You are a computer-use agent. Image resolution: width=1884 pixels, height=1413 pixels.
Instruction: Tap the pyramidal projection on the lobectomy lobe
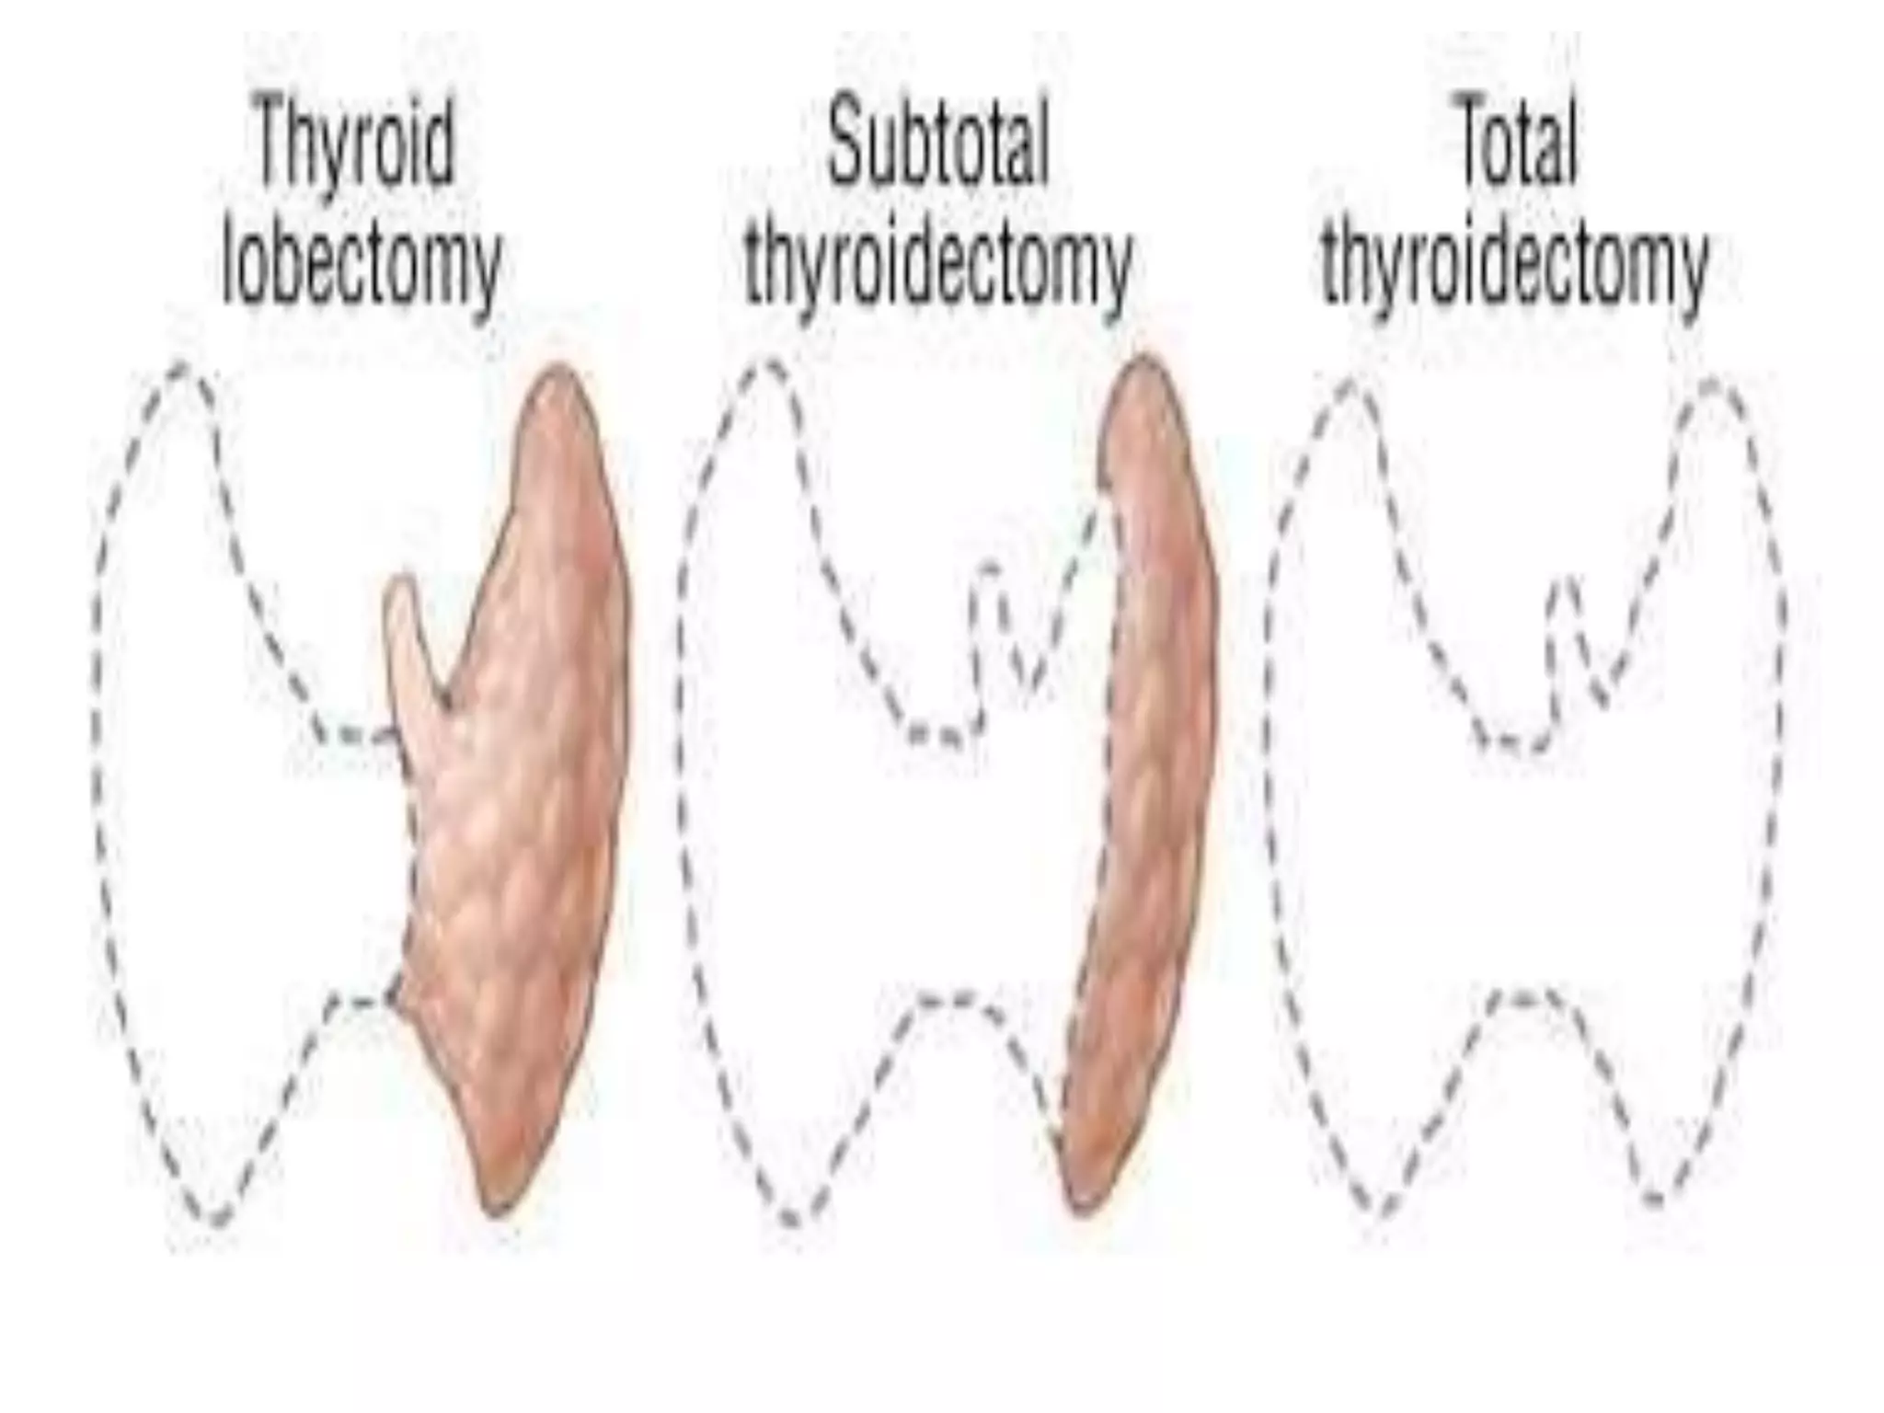click(405, 626)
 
